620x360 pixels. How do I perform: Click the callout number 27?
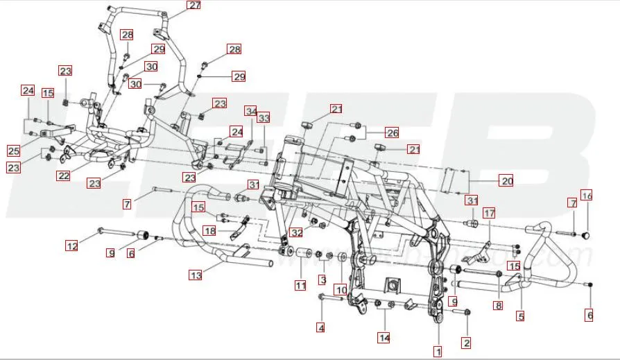[x=194, y=6]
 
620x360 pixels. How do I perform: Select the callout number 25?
[x=14, y=151]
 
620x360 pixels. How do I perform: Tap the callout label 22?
[x=64, y=176]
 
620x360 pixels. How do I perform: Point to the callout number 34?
[x=250, y=111]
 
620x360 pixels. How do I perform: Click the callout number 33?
[x=264, y=119]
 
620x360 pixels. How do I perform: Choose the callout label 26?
[x=392, y=132]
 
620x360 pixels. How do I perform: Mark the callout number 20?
[x=506, y=181]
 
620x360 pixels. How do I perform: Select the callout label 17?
[x=490, y=213]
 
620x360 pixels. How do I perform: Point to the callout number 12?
[x=72, y=246]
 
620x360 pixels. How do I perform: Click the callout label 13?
[x=196, y=275]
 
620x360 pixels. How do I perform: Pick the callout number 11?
[x=300, y=285]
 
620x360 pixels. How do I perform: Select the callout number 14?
[x=384, y=338]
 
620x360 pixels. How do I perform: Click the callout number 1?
[x=438, y=352]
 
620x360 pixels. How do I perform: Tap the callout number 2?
[x=466, y=342]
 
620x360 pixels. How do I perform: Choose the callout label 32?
[x=297, y=232]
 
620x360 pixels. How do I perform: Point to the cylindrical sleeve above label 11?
[x=302, y=264]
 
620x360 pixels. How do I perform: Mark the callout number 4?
[x=321, y=327]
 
